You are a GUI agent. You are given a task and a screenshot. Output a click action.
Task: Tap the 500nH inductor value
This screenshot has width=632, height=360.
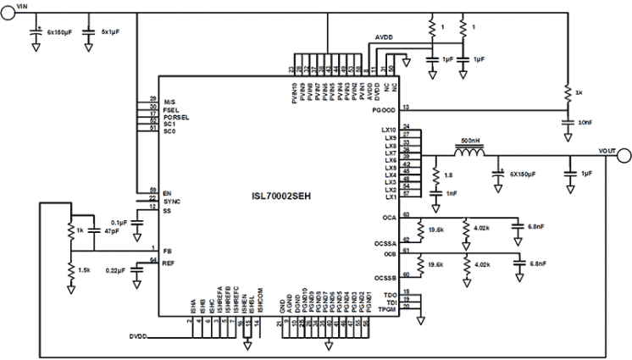point(471,138)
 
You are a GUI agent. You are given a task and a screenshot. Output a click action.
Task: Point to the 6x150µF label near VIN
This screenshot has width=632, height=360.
point(62,32)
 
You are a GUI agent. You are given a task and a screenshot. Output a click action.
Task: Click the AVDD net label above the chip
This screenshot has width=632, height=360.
point(384,39)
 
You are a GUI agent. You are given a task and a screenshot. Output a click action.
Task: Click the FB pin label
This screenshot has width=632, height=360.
point(167,251)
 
